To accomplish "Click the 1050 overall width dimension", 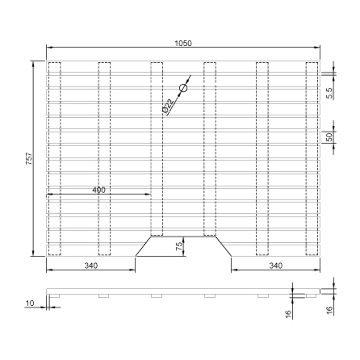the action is [183, 43].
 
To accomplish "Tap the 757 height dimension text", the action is [29, 159].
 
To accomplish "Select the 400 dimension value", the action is [99, 190].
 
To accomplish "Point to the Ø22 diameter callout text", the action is [168, 106].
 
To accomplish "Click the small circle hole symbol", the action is [183, 88].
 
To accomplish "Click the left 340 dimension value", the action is [91, 265].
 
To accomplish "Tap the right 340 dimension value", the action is [276, 265].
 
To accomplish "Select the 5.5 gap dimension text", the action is [329, 93].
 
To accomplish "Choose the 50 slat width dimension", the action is [329, 137].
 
